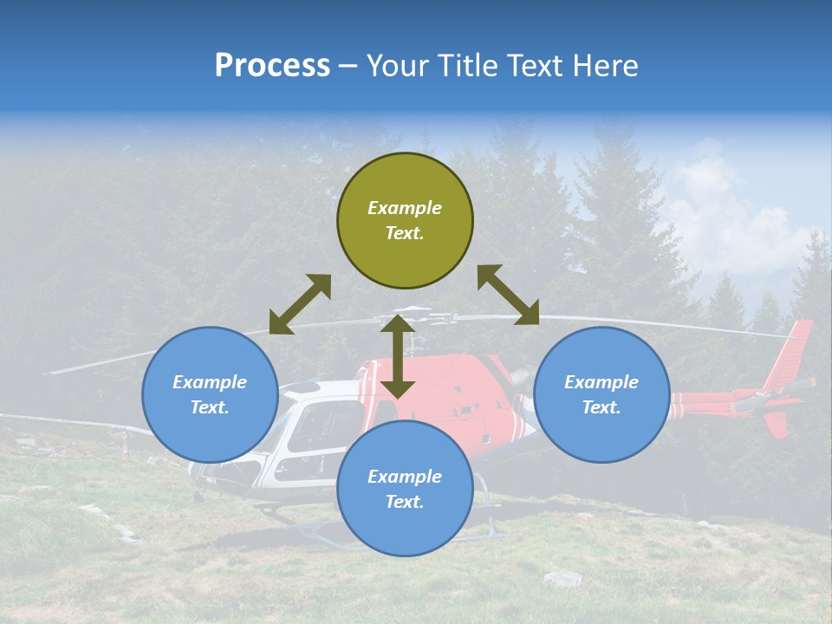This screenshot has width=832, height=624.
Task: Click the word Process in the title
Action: pyautogui.click(x=272, y=66)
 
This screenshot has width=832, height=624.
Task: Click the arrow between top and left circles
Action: pyautogui.click(x=300, y=304)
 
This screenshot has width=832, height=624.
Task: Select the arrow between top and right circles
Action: pyautogui.click(x=508, y=295)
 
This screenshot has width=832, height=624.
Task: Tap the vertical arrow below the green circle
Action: pyautogui.click(x=398, y=356)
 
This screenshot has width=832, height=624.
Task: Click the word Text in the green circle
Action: pyautogui.click(x=405, y=233)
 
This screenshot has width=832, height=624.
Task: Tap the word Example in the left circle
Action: pyautogui.click(x=210, y=382)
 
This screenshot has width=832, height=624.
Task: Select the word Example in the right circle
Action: pyautogui.click(x=601, y=382)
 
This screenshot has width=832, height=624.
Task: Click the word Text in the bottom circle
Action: pyautogui.click(x=405, y=502)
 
